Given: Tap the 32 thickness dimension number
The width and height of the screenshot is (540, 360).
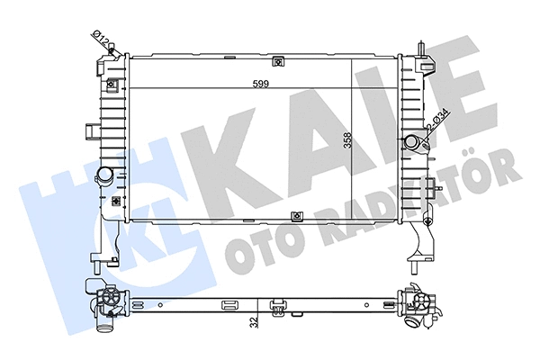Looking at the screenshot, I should click(256, 319).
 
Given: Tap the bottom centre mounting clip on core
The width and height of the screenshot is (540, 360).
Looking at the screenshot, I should click(298, 216).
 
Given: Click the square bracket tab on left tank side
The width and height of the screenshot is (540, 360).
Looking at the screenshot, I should click(90, 133).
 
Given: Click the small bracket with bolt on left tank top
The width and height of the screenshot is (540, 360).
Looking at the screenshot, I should click(112, 85).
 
